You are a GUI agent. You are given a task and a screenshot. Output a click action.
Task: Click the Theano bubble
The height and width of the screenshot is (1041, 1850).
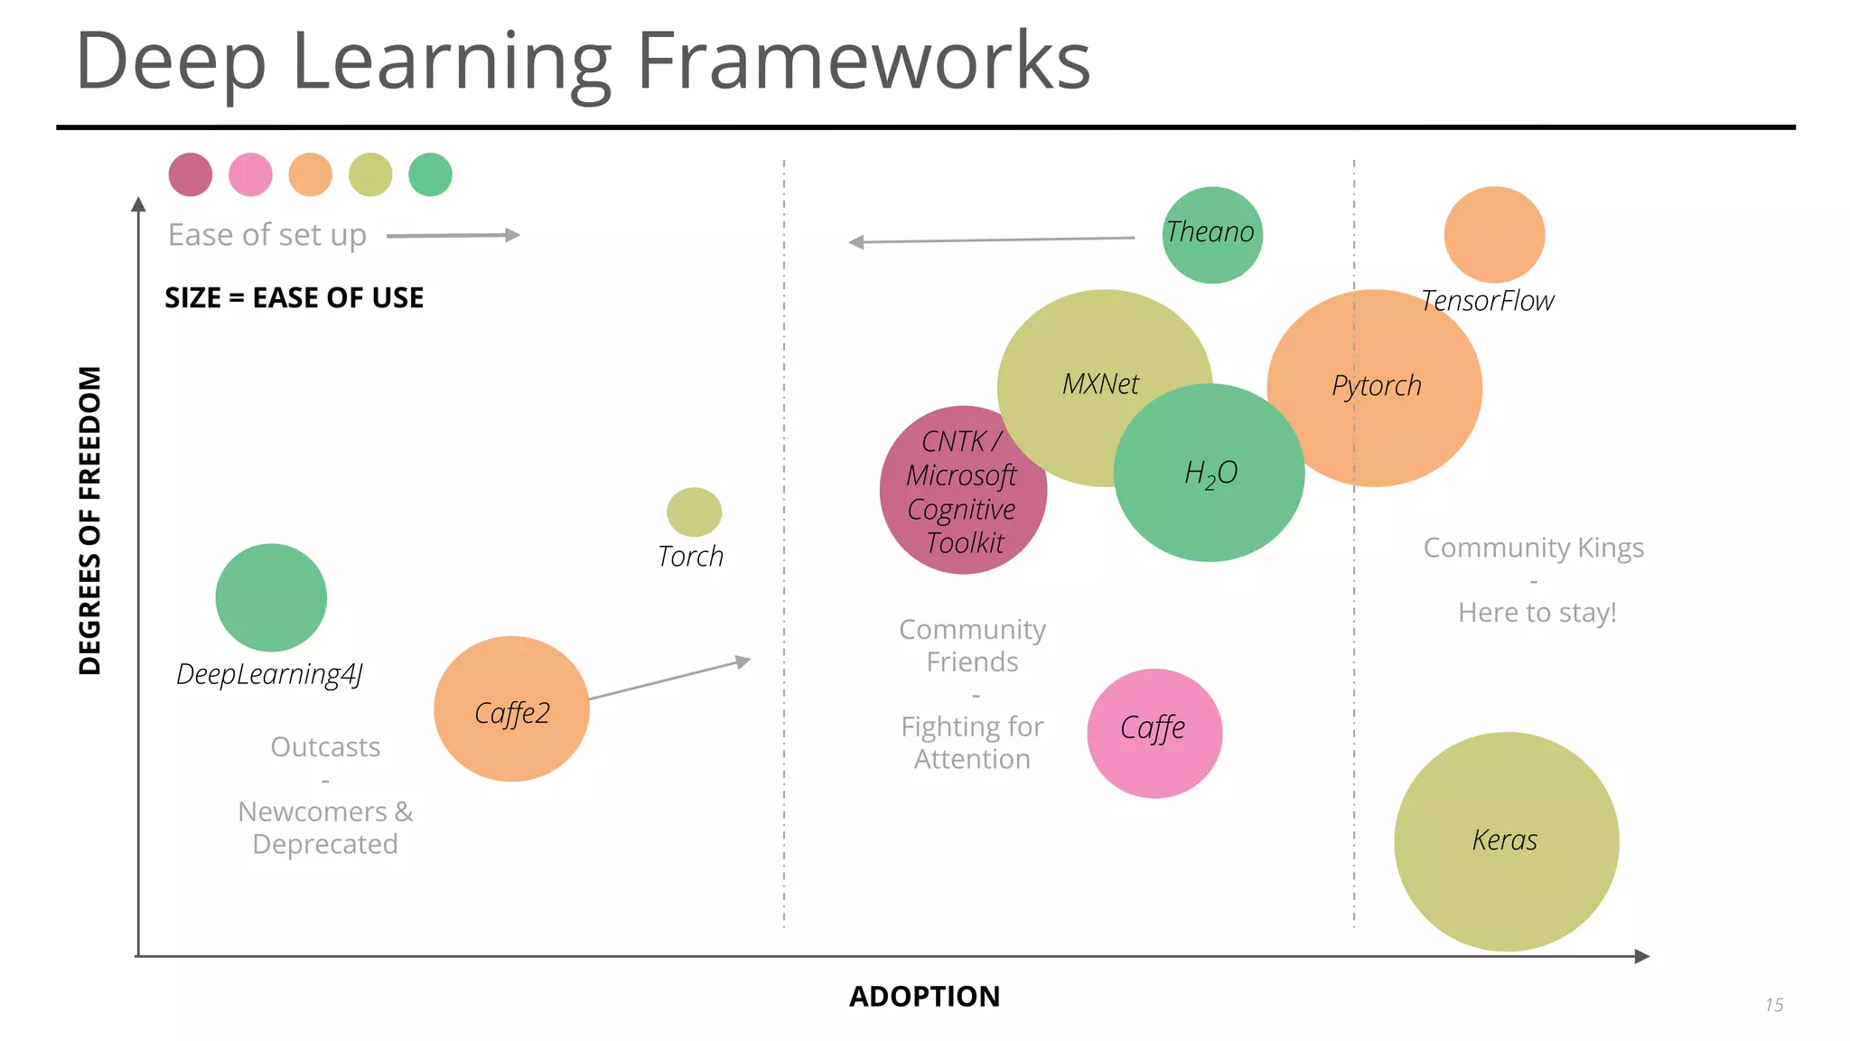click(x=1211, y=235)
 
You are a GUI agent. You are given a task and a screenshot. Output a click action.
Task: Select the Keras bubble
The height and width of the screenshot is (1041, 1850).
click(x=1506, y=841)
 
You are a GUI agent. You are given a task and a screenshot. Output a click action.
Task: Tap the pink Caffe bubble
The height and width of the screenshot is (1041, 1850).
click(x=1154, y=733)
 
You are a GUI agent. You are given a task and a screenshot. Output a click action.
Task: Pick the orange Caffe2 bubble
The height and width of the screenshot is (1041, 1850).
click(x=511, y=709)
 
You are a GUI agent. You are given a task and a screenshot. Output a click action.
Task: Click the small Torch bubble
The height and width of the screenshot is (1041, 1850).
click(x=694, y=511)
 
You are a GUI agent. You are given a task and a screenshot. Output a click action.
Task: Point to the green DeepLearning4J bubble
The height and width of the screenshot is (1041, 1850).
click(x=271, y=597)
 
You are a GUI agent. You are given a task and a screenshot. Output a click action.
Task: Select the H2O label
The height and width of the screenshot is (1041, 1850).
click(x=1210, y=474)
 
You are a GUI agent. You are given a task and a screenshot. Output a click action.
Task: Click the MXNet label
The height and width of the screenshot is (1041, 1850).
click(x=1100, y=384)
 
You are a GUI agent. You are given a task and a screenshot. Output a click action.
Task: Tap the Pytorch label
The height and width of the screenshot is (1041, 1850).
click(x=1376, y=386)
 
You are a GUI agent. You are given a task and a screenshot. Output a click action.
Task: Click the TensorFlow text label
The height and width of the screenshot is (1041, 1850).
click(x=1487, y=301)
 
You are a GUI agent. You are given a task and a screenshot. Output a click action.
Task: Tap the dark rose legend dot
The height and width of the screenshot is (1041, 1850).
click(x=191, y=174)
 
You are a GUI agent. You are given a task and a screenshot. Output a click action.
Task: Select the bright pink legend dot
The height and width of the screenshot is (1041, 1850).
click(x=250, y=174)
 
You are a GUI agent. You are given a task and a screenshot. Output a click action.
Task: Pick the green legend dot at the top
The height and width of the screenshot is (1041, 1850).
click(x=430, y=174)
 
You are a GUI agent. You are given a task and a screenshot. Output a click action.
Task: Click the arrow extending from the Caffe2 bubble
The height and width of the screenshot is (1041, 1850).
click(x=668, y=680)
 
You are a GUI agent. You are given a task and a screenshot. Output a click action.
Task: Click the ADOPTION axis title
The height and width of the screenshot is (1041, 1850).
click(x=924, y=996)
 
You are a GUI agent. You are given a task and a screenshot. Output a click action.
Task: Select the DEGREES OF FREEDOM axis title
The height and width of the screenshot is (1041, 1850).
click(x=89, y=520)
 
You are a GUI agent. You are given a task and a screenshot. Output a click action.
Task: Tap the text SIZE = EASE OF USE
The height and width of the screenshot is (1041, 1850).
click(x=294, y=298)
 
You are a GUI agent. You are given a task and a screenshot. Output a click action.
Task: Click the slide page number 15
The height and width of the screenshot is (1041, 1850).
click(x=1773, y=1005)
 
